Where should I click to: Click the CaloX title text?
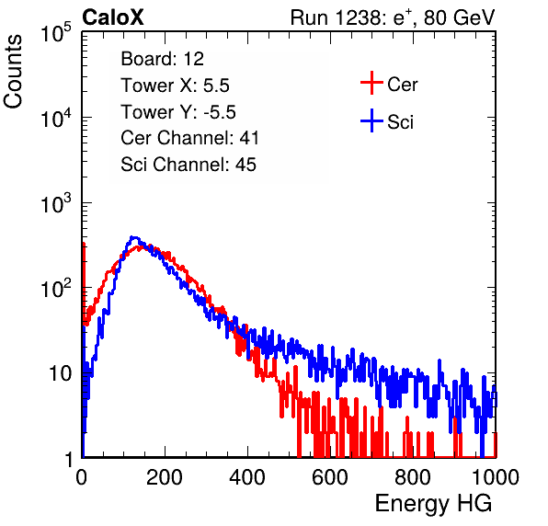point(112,17)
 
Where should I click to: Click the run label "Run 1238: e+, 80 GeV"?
point(393,17)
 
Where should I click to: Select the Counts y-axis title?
point(13,72)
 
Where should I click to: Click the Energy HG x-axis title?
point(433,504)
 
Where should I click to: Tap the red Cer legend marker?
point(371,83)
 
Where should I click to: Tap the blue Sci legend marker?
point(371,120)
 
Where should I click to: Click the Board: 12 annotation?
point(162,59)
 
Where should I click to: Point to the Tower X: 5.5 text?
point(175,86)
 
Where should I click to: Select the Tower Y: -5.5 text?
point(178,112)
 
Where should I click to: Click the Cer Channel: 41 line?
point(189,138)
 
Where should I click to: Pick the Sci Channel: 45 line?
point(188,165)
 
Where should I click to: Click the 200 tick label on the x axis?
point(165,477)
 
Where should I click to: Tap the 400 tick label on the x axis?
point(247,477)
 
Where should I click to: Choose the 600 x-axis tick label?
point(330,477)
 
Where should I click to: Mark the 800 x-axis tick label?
point(413,477)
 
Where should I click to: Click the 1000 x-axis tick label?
point(496,477)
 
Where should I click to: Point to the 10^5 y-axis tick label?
point(56,32)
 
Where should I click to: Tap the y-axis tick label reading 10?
point(61,373)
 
